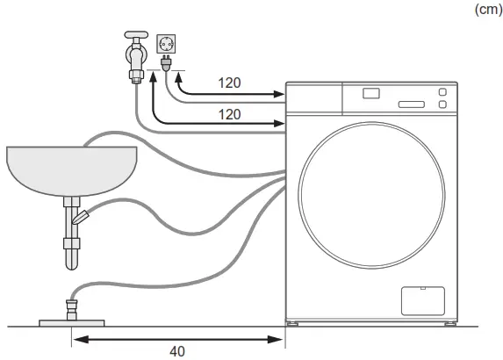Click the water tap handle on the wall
[x=133, y=40]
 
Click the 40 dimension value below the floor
[x=178, y=351]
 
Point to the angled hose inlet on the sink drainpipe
[x=82, y=216]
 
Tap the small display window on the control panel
[x=372, y=92]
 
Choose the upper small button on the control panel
[x=442, y=91]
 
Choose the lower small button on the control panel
[x=442, y=105]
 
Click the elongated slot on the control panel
[x=411, y=104]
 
